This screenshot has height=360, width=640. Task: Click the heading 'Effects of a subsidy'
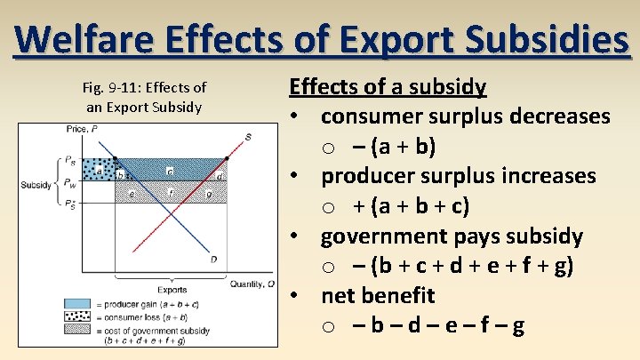click(x=388, y=87)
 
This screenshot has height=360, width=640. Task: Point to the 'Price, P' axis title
click(x=82, y=130)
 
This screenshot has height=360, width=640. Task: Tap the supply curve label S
click(x=248, y=136)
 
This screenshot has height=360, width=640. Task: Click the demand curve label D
click(x=213, y=259)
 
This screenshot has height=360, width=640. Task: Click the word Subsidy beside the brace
click(x=36, y=185)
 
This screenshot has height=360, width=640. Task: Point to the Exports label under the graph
click(x=172, y=290)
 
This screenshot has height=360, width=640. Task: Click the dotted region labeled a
click(x=99, y=167)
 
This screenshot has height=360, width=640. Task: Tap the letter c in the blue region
click(x=170, y=169)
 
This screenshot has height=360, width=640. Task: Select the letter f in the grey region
click(x=170, y=191)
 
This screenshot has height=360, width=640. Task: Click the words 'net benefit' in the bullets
click(x=378, y=295)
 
